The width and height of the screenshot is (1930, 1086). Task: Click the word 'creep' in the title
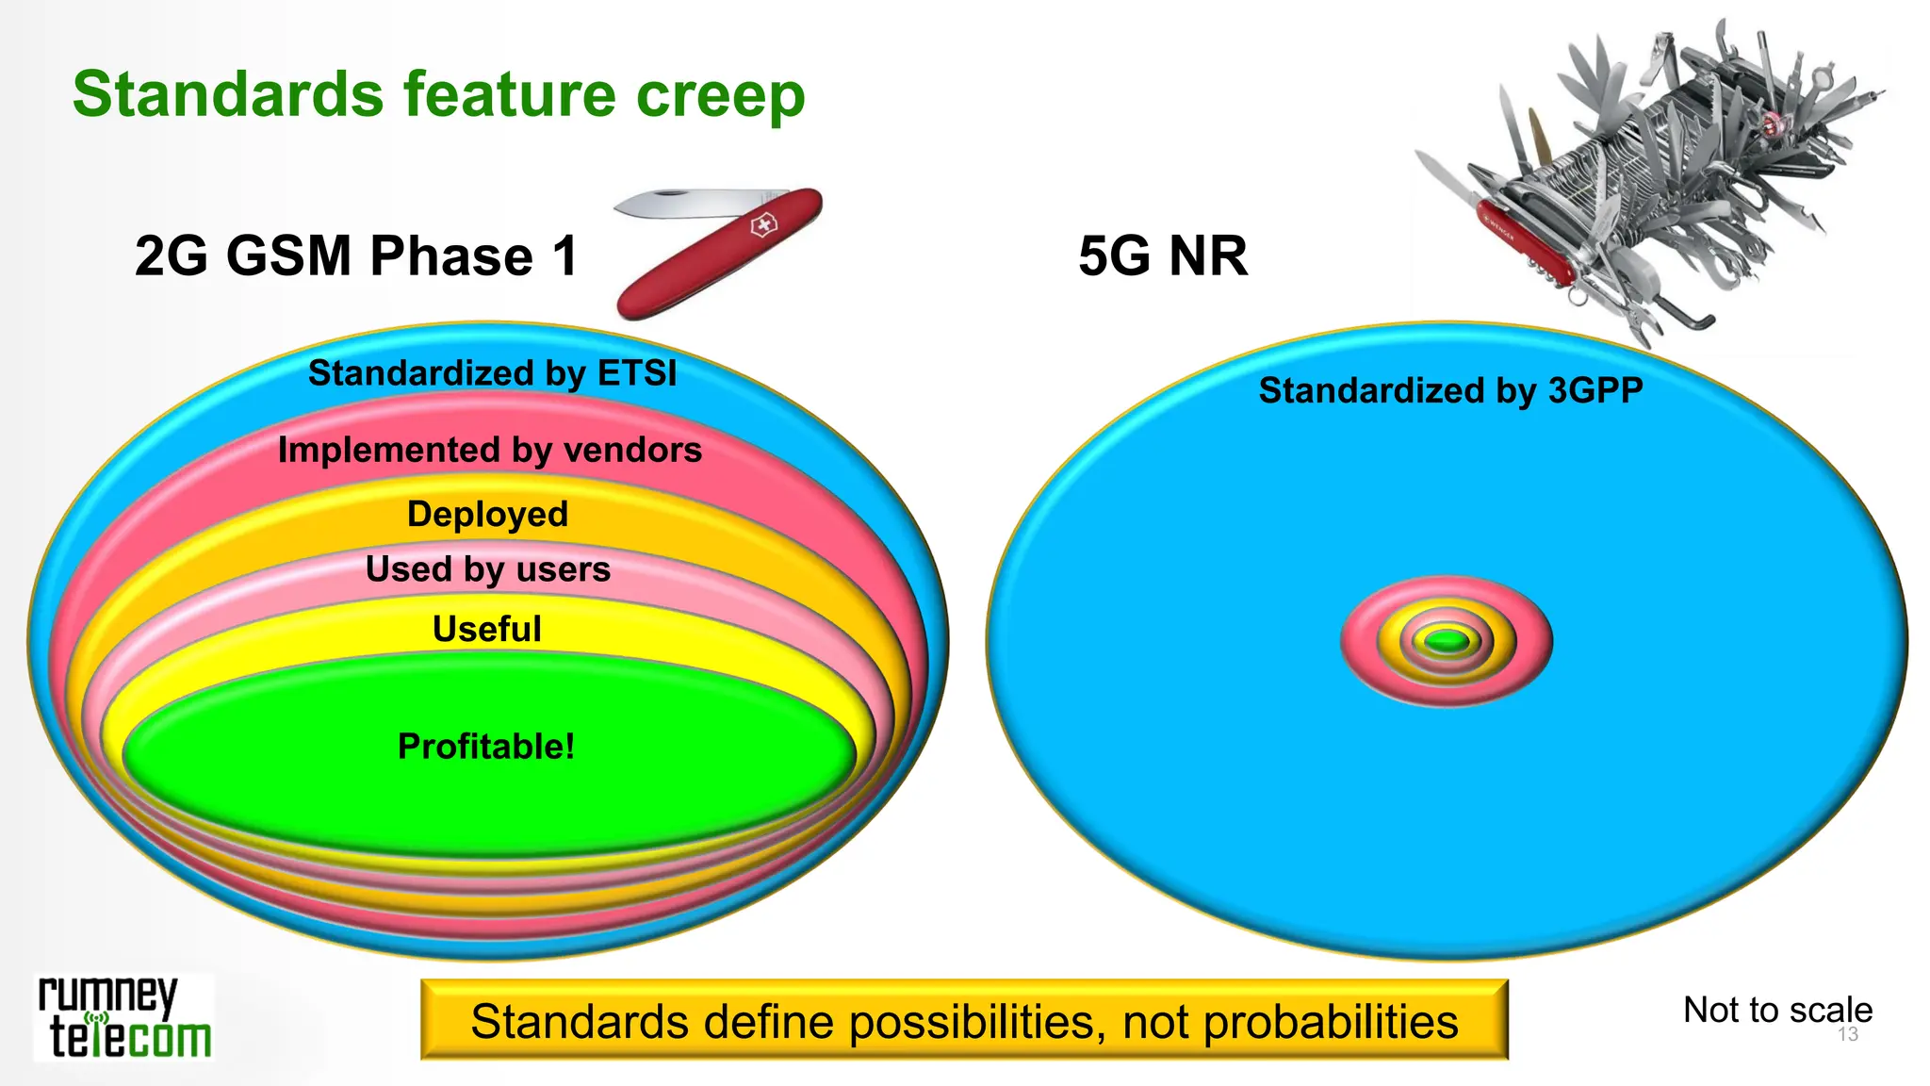720,95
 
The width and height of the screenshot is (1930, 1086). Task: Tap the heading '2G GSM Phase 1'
356,256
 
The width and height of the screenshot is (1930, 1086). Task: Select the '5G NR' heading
1163,256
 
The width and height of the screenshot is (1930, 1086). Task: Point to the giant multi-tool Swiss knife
1649,179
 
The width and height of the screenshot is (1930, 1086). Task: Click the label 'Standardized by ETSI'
492,373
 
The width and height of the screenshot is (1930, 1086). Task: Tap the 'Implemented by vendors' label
489,450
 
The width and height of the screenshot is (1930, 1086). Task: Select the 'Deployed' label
487,514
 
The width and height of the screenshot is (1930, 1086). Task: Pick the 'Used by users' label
487,569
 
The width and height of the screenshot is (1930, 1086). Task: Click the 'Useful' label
486,629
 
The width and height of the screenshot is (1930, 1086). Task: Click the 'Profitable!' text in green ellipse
485,747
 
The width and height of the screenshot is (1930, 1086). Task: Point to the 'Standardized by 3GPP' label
1450,390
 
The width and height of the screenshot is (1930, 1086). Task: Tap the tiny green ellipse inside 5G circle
1447,642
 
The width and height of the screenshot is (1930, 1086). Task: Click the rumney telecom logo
123,1019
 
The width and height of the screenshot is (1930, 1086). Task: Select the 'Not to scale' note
1776,1010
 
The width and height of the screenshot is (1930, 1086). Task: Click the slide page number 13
1848,1035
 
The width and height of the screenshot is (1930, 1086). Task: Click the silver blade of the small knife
679,202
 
